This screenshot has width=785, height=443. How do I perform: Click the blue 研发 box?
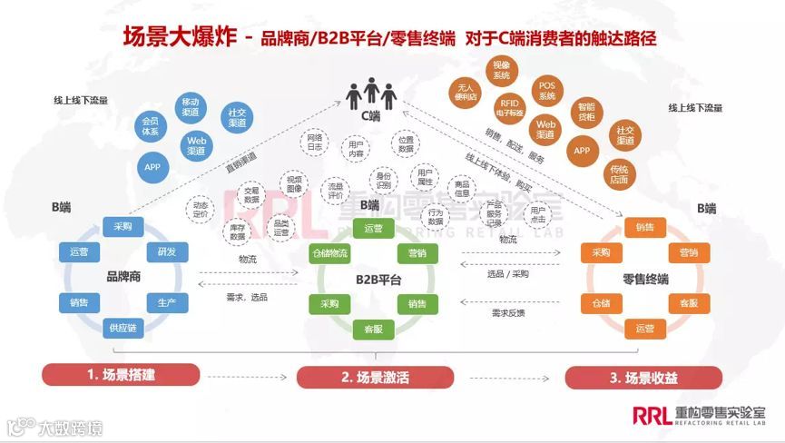coord(167,251)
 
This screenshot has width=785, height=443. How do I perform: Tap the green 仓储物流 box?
coord(328,252)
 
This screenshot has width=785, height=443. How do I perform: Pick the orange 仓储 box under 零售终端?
coord(601,302)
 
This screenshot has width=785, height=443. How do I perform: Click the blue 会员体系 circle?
coord(152,126)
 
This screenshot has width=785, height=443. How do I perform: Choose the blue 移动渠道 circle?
coord(190,106)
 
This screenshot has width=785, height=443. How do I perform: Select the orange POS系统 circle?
coord(546,91)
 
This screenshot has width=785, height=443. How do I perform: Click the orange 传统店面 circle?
coord(620,173)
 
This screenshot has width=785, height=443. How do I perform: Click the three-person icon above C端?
coord(370,92)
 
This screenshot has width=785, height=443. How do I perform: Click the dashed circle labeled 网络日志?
coord(316,141)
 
